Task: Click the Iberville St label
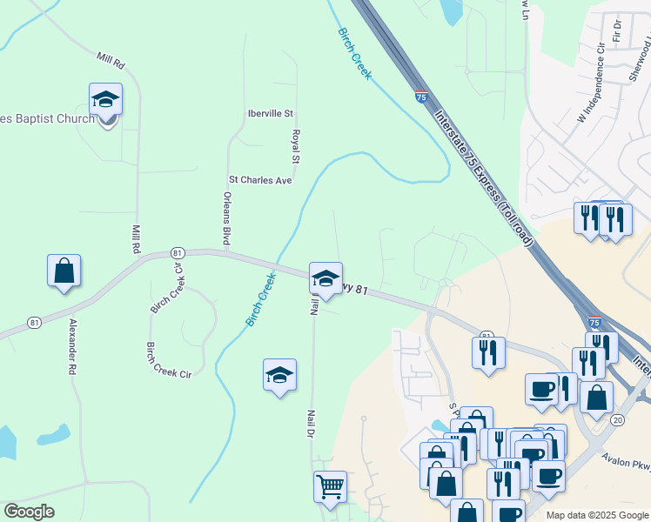271,114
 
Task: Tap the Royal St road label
296,147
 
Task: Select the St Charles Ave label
259,180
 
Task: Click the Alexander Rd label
73,346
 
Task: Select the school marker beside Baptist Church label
105,100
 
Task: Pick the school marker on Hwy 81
325,278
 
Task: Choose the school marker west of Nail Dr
280,375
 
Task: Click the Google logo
29,512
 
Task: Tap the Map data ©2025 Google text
597,515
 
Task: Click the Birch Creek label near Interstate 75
354,53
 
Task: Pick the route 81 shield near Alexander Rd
34,322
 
